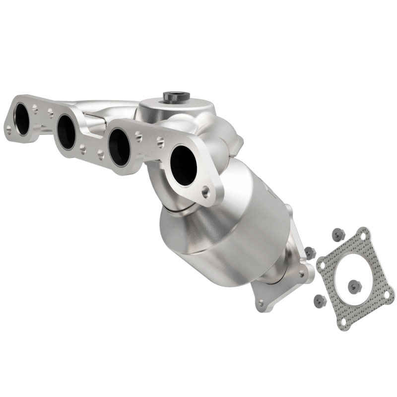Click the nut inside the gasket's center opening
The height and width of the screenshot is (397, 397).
pos(354,285)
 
